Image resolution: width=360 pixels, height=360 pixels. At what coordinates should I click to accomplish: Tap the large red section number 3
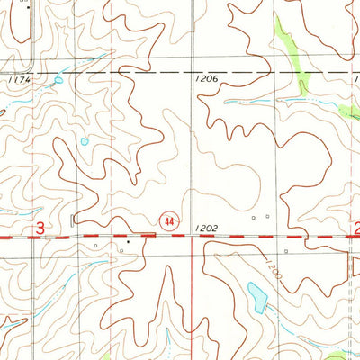[x=40, y=230]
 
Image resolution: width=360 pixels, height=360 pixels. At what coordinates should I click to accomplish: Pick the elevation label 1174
[x=17, y=81]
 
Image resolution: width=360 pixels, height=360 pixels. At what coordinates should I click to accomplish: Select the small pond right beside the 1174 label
[x=58, y=79]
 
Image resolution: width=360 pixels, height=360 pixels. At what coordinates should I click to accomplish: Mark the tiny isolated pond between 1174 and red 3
[x=84, y=141]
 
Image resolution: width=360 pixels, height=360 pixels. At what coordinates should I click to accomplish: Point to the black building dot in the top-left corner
[x=27, y=6]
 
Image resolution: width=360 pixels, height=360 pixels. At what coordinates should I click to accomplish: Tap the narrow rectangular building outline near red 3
[x=72, y=219]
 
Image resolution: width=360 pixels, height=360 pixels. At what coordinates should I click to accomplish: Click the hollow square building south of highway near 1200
[x=285, y=251]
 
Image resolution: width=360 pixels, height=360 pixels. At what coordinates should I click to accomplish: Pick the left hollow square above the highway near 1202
[x=254, y=217]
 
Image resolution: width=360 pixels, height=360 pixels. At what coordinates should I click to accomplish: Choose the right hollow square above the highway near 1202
[x=266, y=216]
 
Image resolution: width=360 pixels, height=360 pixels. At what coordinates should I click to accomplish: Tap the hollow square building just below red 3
[x=95, y=244]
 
